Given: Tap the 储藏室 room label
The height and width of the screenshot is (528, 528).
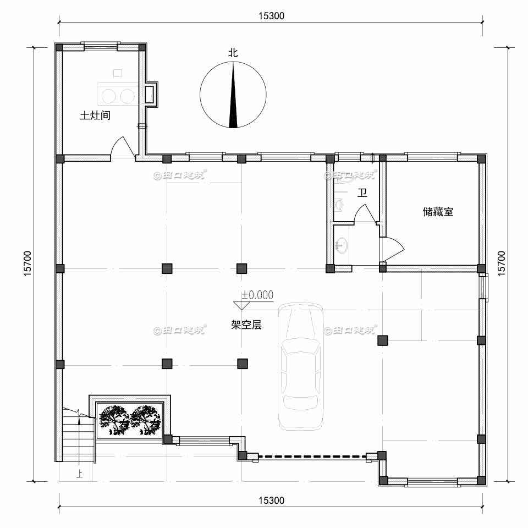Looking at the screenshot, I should [438, 212].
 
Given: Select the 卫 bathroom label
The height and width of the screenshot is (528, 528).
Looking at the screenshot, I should [362, 193].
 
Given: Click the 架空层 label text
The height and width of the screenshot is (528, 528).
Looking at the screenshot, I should [246, 325].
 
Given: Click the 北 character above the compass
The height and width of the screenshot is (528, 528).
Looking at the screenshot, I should [233, 53].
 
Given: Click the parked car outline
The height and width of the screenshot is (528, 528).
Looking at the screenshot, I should [300, 366].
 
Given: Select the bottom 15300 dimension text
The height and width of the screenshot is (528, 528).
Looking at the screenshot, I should [271, 501].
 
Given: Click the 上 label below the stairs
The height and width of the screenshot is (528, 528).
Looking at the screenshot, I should [80, 472].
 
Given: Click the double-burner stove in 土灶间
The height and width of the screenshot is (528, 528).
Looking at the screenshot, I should [117, 95].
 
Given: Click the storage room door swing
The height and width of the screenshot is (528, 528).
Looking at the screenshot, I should [392, 249].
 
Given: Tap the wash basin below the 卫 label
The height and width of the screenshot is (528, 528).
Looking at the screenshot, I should [342, 245].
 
